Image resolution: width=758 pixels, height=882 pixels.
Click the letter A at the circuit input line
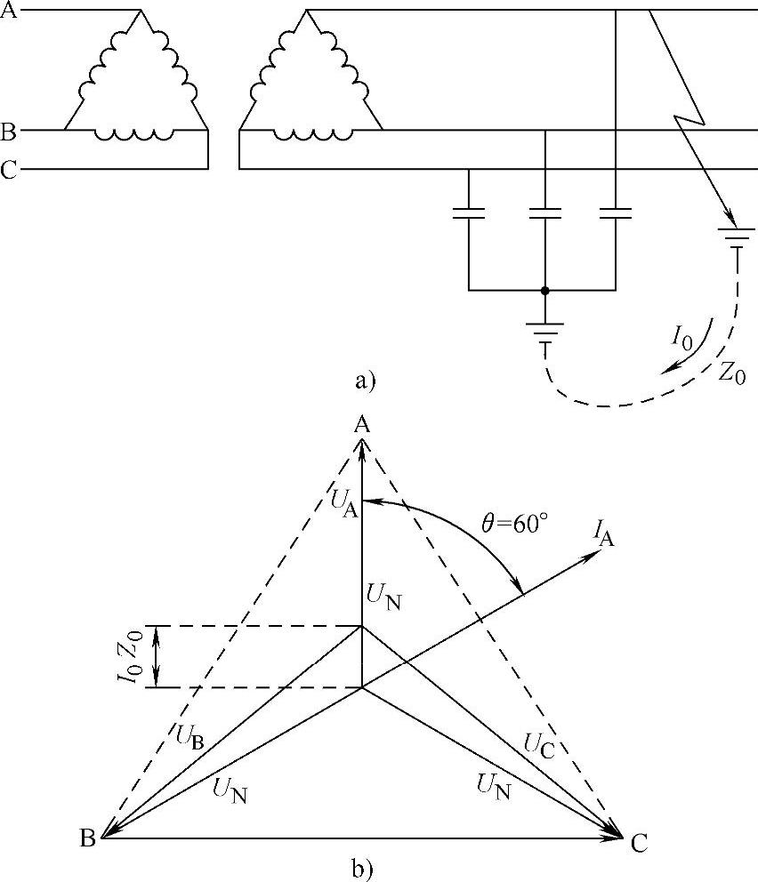[10, 12]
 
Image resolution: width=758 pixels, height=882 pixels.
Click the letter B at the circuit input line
[9, 132]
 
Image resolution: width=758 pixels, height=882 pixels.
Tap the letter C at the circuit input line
[9, 170]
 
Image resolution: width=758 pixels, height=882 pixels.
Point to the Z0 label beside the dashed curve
[731, 373]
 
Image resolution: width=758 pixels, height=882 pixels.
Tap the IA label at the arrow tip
[605, 534]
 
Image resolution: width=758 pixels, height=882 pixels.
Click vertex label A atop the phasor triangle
[361, 424]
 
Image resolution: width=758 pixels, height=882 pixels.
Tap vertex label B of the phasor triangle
[86, 838]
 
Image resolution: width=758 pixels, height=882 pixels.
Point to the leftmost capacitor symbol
[469, 213]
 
